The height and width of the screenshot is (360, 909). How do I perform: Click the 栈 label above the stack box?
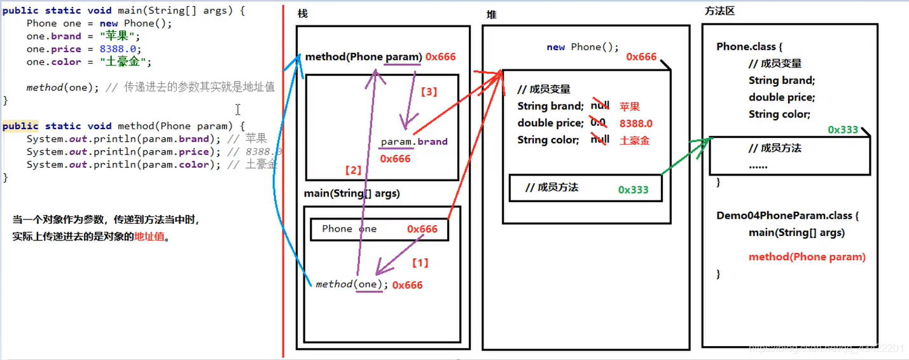tap(303, 14)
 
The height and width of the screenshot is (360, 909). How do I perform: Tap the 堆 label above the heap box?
tap(491, 15)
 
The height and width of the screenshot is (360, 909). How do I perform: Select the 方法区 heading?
tap(720, 11)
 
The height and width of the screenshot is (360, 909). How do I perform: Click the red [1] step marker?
tap(420, 262)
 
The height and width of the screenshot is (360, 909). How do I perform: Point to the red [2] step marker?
tap(352, 170)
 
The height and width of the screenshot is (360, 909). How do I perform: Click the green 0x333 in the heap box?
tap(633, 190)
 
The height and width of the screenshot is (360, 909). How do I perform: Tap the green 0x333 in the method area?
tap(843, 130)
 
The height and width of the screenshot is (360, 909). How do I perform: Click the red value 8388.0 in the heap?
tap(635, 123)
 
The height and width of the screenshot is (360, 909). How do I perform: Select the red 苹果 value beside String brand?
tap(629, 107)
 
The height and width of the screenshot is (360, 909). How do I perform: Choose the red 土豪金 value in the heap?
tap(634, 141)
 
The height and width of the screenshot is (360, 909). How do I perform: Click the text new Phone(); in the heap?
tap(582, 47)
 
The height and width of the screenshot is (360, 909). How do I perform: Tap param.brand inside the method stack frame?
tap(414, 142)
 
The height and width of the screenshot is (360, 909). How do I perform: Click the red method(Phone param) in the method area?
tap(807, 257)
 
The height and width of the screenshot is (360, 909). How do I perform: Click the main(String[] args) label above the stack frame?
tap(352, 193)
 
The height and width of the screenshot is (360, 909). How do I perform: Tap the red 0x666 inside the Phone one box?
tap(422, 229)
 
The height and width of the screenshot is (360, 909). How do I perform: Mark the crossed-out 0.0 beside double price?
tap(598, 122)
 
